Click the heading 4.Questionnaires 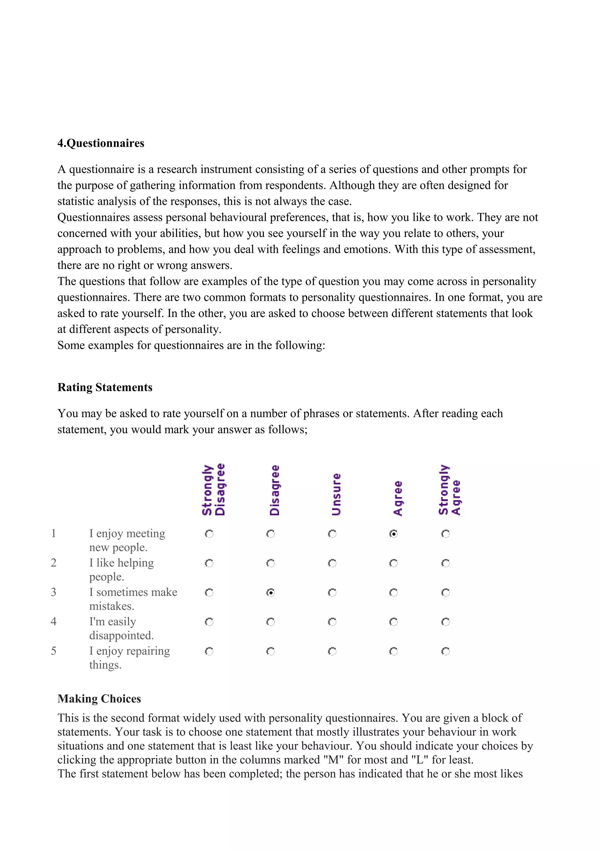(101, 143)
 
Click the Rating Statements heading (105, 387)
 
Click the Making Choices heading (99, 699)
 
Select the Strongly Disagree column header (214, 490)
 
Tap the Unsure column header (336, 494)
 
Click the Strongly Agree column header (450, 490)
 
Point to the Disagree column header (275, 490)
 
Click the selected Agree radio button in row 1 (394, 534)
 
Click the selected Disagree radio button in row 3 (271, 593)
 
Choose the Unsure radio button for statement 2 (332, 563)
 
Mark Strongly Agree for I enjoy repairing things (445, 651)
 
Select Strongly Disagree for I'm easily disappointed (209, 622)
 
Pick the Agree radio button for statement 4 (394, 622)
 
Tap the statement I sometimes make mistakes (133, 599)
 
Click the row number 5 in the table (54, 651)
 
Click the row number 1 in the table (54, 534)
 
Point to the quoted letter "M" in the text (334, 760)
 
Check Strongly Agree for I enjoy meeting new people (445, 534)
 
